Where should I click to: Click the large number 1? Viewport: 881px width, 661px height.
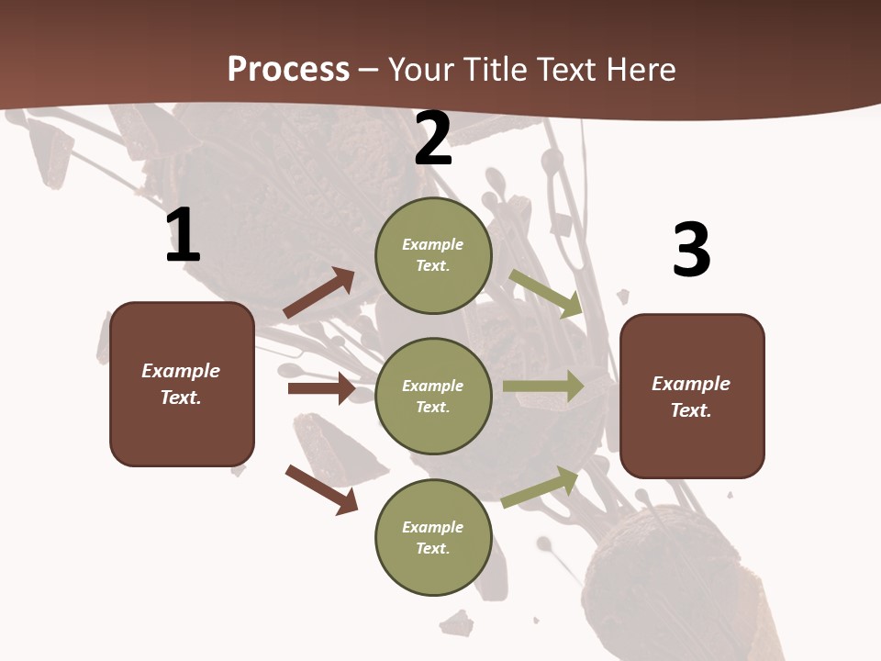pos(183,236)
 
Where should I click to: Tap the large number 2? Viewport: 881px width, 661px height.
pos(433,140)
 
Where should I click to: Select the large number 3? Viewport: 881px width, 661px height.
pos(691,251)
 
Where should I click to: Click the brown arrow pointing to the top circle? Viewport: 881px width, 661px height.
pos(319,293)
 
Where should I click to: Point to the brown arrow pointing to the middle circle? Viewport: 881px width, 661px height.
pos(321,388)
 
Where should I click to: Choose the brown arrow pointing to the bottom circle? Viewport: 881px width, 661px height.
pos(321,489)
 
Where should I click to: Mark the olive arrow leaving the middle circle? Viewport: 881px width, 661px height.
pos(543,386)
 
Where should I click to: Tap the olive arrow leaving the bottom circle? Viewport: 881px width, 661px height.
pos(541,487)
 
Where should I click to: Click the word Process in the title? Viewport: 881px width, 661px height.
pos(288,69)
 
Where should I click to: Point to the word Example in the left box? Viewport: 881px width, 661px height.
pos(181,371)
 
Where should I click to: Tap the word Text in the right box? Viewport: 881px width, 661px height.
pos(690,410)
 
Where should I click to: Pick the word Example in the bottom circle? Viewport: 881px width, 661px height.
pos(433,527)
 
